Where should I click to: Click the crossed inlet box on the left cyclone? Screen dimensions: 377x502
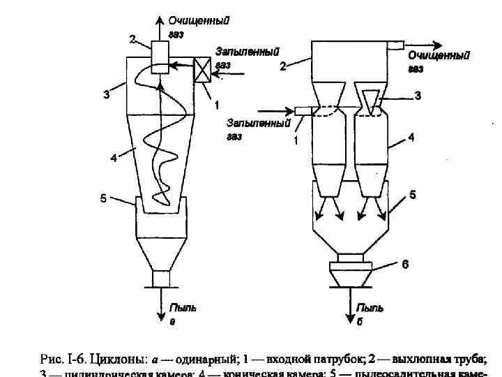tap(203, 69)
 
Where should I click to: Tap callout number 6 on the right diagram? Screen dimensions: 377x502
tap(404, 265)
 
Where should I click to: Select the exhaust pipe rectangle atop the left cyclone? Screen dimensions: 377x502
tap(159, 50)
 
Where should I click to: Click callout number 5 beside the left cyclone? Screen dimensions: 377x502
tap(102, 199)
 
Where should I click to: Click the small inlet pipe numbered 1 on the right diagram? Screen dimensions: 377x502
tap(303, 110)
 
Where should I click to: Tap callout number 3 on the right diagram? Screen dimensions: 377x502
tap(418, 96)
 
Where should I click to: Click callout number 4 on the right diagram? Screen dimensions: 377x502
tap(411, 138)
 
